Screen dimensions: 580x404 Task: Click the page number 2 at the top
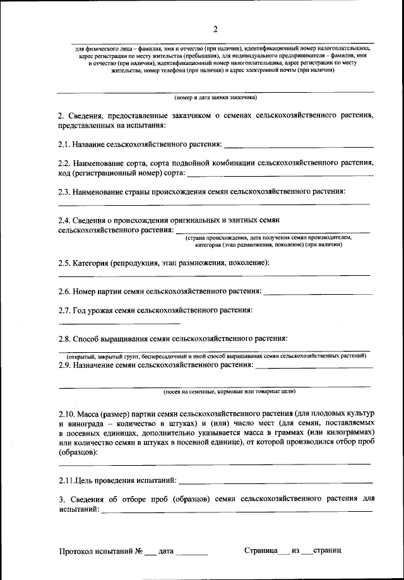pos(215,29)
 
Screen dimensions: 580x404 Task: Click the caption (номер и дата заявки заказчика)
pos(215,98)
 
